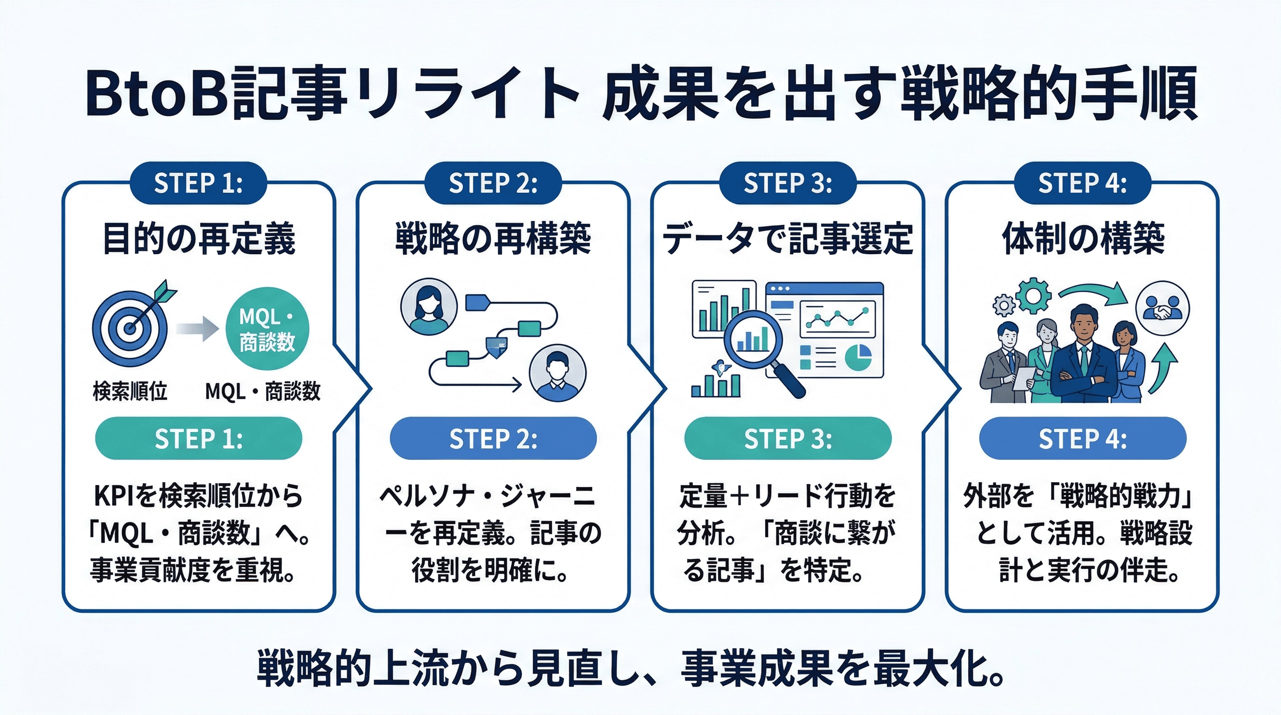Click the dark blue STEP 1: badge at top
tap(198, 183)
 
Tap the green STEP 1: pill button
tap(198, 438)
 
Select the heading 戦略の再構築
tap(493, 239)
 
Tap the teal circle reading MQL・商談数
tap(267, 329)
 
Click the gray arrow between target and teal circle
tap(197, 329)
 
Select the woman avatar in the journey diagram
tap(429, 307)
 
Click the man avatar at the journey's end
tap(558, 373)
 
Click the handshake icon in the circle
tap(1162, 309)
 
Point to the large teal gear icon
tap(1033, 296)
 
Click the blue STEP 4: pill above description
tap(1083, 438)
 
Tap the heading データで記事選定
tap(788, 239)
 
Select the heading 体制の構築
tap(1083, 239)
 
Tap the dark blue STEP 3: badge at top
tap(788, 183)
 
